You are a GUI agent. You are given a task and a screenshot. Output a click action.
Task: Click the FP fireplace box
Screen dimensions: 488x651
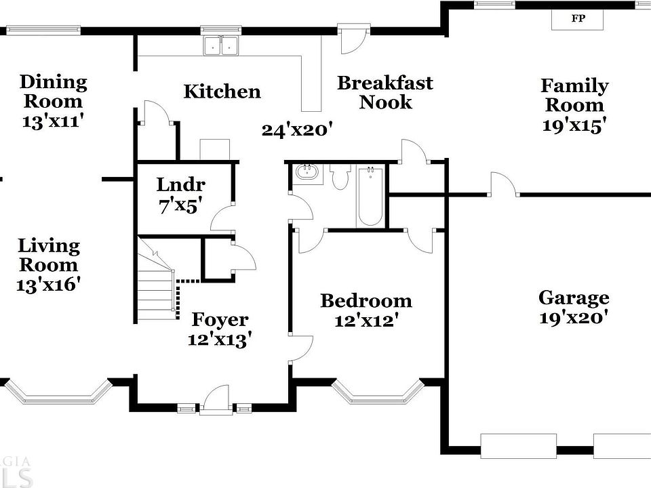[578, 19]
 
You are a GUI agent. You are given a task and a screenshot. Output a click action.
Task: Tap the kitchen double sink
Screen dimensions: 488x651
[222, 45]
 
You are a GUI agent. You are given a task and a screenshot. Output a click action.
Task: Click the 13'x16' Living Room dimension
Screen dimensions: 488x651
[48, 284]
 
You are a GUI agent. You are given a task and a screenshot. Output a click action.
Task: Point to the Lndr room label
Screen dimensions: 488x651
[180, 184]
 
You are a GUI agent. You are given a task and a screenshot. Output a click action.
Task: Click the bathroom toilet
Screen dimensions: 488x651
[340, 177]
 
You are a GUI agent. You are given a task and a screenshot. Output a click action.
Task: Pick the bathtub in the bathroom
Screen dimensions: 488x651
[370, 196]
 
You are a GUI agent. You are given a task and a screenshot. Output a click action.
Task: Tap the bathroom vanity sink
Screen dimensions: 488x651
[309, 172]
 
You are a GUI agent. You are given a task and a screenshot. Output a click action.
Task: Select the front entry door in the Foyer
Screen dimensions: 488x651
[217, 400]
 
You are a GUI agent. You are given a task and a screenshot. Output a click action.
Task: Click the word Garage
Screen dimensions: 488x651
[574, 298]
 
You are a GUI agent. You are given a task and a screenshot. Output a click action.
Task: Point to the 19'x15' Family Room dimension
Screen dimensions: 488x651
[574, 125]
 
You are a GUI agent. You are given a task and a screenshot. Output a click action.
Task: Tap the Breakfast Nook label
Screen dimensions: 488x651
[385, 93]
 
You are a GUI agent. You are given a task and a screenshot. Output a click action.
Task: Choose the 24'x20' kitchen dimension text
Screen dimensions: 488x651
[296, 129]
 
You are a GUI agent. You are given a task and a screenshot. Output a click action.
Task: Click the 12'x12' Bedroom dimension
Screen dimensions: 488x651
[366, 320]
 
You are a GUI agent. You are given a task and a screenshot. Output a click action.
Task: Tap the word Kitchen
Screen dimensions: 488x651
[222, 91]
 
